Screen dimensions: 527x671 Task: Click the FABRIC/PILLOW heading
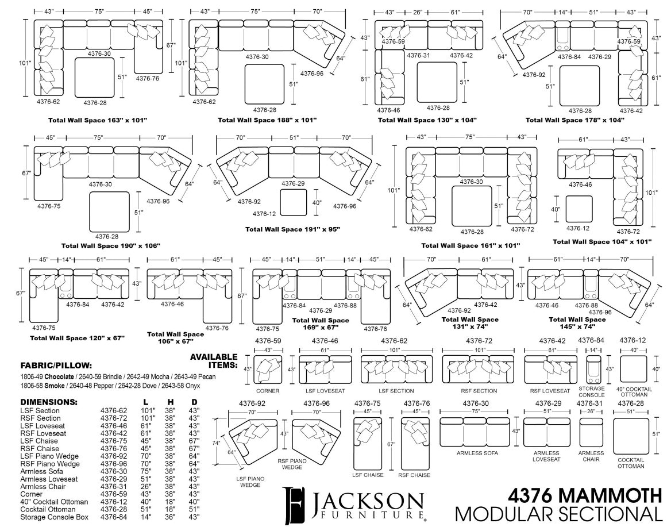click(x=56, y=365)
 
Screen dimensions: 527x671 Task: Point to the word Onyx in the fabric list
click(x=207, y=384)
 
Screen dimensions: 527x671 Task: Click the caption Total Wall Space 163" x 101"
click(x=98, y=120)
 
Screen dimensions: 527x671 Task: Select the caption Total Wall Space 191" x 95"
click(x=292, y=229)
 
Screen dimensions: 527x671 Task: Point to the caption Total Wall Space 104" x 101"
click(x=602, y=242)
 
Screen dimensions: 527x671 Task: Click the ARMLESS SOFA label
click(x=477, y=453)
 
